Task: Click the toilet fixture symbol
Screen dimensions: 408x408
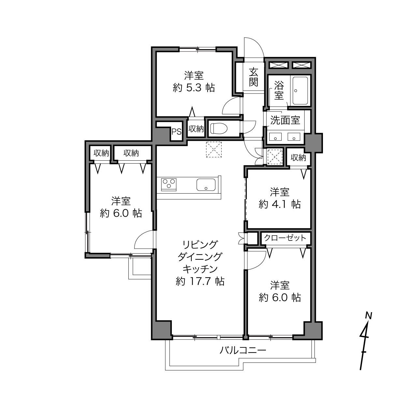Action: pyautogui.click(x=219, y=128)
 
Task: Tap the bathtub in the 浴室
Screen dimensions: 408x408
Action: pyautogui.click(x=300, y=91)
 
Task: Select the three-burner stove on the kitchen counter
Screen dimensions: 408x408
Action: pyautogui.click(x=169, y=185)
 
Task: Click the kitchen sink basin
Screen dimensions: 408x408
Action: pyautogui.click(x=206, y=185)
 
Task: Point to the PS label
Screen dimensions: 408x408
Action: pyautogui.click(x=176, y=132)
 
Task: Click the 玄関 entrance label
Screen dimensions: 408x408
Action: pyautogui.click(x=254, y=77)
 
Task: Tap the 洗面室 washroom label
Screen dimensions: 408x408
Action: pyautogui.click(x=285, y=120)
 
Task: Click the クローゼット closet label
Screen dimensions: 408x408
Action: pyautogui.click(x=285, y=238)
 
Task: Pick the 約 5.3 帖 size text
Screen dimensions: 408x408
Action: pyautogui.click(x=194, y=87)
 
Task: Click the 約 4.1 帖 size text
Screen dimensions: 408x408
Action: pyautogui.click(x=280, y=204)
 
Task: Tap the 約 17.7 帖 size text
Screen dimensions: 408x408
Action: pyautogui.click(x=200, y=281)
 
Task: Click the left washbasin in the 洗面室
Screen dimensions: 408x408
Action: pyautogui.click(x=275, y=137)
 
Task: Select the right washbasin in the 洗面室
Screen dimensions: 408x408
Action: pyautogui.click(x=294, y=137)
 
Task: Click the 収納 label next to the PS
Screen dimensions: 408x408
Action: pyautogui.click(x=196, y=129)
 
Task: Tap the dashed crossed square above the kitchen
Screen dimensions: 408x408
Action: pyautogui.click(x=214, y=150)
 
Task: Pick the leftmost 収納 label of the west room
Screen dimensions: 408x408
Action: pyautogui.click(x=101, y=153)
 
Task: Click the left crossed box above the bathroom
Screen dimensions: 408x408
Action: pyautogui.click(x=279, y=65)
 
